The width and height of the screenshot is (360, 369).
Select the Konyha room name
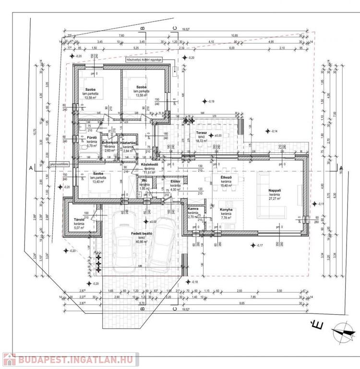(x=226, y=209)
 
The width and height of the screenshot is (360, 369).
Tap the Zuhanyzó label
(x=110, y=142)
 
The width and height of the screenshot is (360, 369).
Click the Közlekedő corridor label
(x=149, y=165)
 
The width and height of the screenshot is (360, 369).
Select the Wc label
(x=144, y=180)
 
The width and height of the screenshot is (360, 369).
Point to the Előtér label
(x=175, y=181)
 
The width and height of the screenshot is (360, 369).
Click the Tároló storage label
(x=79, y=218)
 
